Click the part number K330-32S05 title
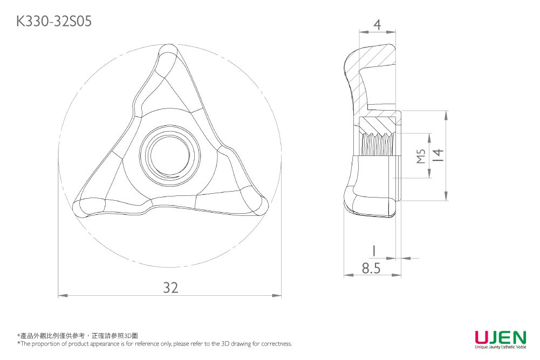54,22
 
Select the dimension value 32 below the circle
171,287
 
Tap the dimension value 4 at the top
378,25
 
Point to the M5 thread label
421,156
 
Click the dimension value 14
438,155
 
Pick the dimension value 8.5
371,268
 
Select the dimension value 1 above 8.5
374,251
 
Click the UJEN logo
501,337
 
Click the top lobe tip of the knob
169,52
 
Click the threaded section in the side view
377,144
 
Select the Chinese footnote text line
78,336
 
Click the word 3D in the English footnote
225,343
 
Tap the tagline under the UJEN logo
501,347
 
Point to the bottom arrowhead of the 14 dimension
446,196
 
